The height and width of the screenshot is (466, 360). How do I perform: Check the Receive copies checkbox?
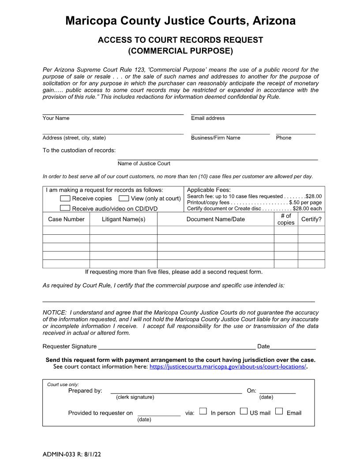coord(65,199)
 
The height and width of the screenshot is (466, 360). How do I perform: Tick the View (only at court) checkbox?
coord(124,199)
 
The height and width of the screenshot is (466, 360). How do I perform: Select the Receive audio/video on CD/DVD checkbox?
coord(65,208)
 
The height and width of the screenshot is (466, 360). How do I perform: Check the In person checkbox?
coord(203,411)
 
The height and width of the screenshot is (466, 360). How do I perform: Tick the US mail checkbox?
coord(244,411)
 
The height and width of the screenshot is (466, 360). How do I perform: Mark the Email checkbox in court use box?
coord(279,411)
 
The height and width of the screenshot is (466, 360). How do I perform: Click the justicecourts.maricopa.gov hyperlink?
coord(228,367)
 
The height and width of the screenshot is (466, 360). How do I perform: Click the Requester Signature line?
coord(176,346)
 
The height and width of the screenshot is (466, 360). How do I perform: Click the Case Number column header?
coord(66,219)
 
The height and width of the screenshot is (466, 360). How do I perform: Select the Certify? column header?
coord(311,219)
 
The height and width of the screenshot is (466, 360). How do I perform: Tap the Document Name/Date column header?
coord(215,219)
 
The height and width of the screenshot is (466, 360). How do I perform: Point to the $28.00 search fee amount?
coord(313,196)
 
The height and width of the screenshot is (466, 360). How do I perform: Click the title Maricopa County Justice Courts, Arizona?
coord(180,21)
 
